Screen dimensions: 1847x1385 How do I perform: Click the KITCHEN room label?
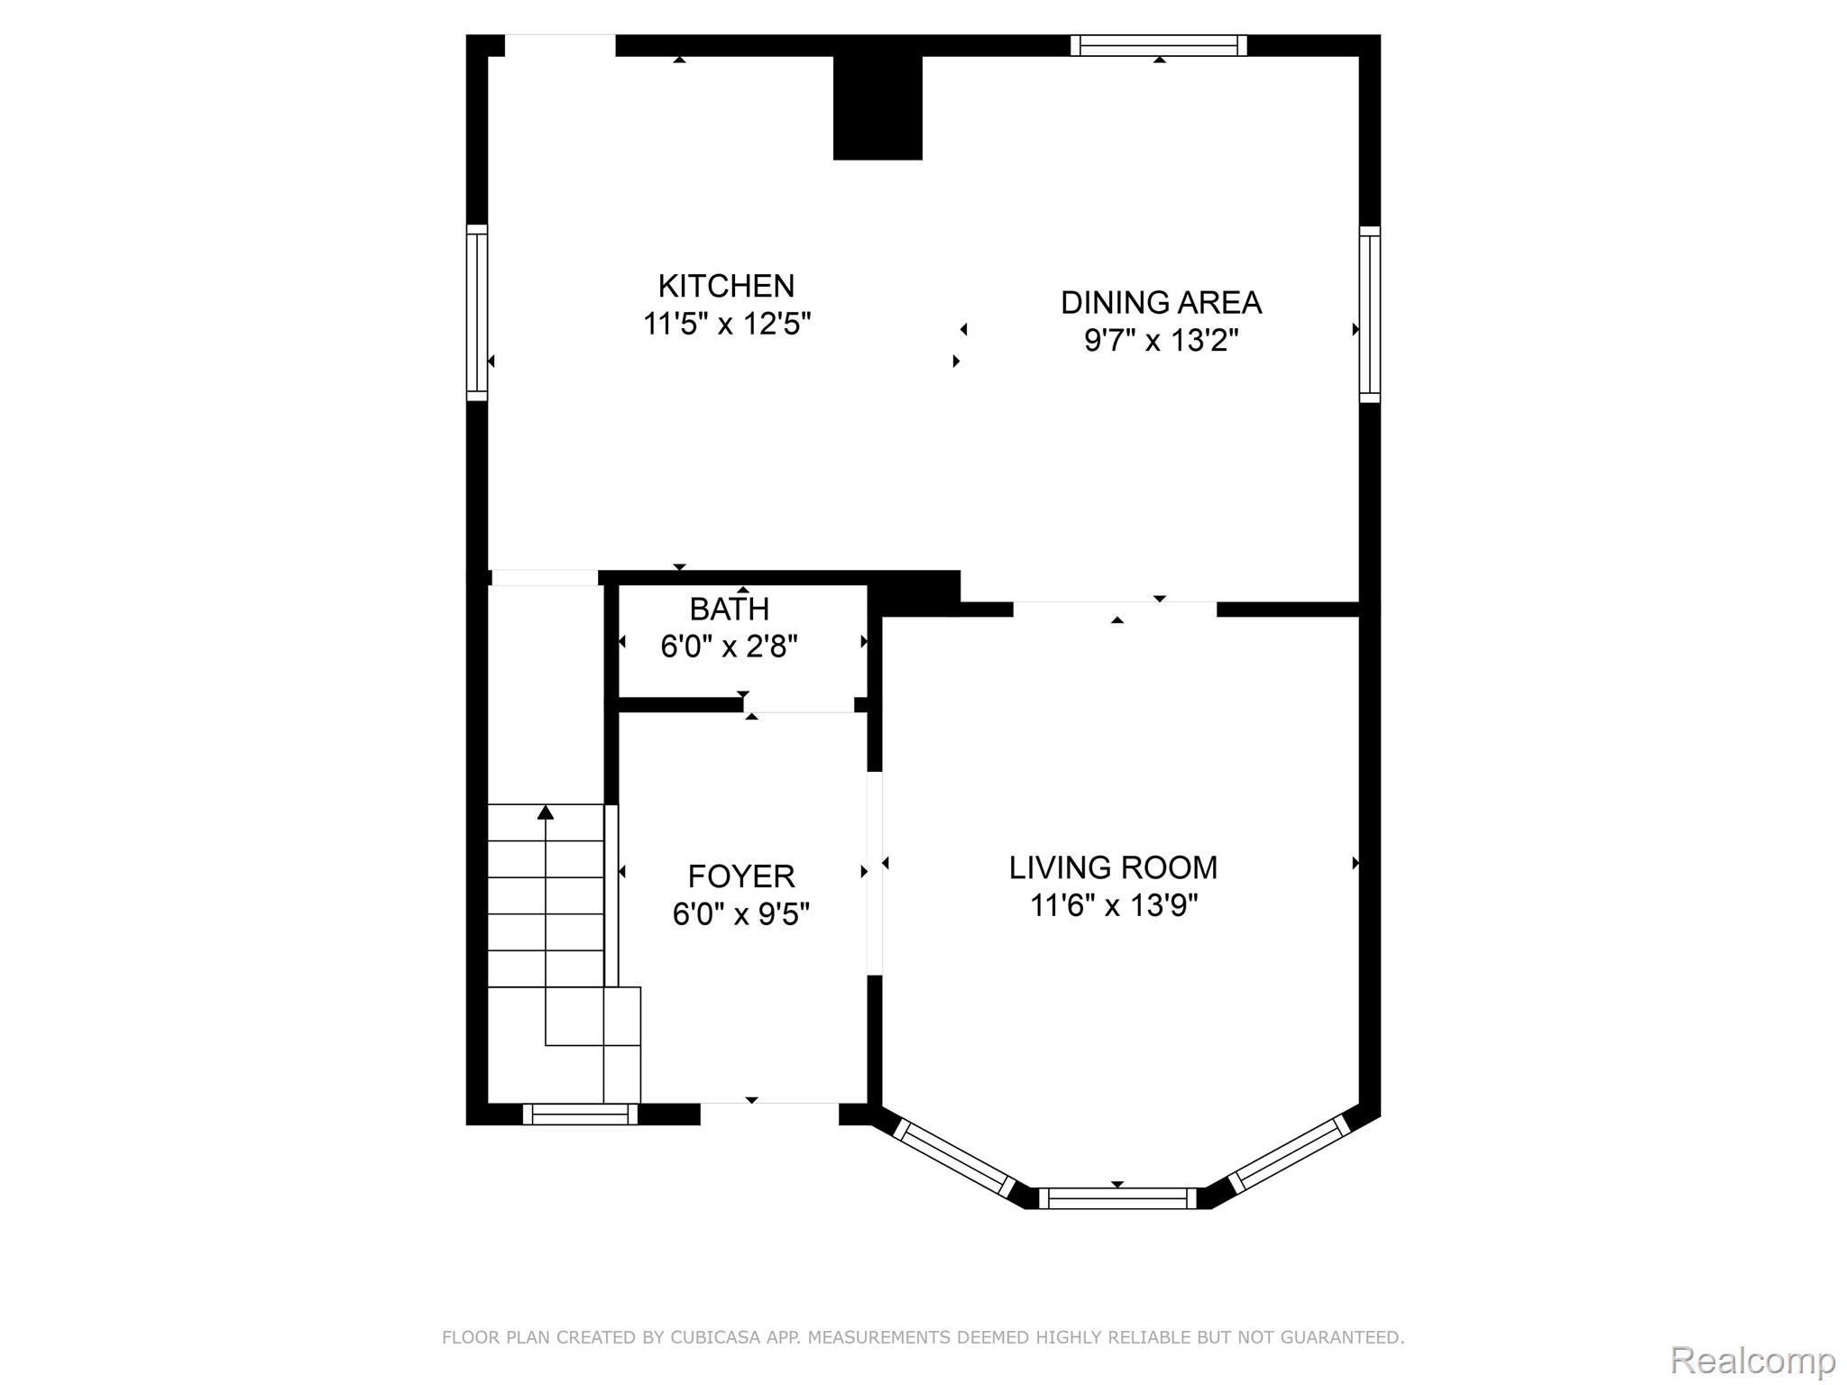(x=726, y=286)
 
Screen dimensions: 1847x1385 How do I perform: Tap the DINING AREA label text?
(x=1161, y=302)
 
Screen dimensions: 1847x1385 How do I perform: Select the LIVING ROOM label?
(x=1113, y=867)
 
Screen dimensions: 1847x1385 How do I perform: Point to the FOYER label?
(x=741, y=876)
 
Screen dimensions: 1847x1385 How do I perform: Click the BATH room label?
(x=730, y=610)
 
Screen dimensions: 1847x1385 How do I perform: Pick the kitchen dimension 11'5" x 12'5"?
(x=727, y=324)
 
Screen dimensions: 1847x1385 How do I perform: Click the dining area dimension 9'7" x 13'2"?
(x=1161, y=341)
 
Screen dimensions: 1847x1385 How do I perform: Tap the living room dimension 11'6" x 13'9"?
(x=1114, y=905)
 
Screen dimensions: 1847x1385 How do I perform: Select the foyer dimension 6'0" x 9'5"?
(x=741, y=914)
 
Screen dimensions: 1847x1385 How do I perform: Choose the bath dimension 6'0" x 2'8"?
(x=730, y=647)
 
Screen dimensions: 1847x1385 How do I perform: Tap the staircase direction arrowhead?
(x=545, y=812)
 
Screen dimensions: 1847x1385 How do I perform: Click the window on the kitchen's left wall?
(x=477, y=312)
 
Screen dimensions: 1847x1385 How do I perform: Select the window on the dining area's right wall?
(x=1369, y=314)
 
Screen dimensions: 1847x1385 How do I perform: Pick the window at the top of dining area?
(x=1159, y=45)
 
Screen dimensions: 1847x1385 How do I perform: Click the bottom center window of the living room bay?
(x=1118, y=1198)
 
